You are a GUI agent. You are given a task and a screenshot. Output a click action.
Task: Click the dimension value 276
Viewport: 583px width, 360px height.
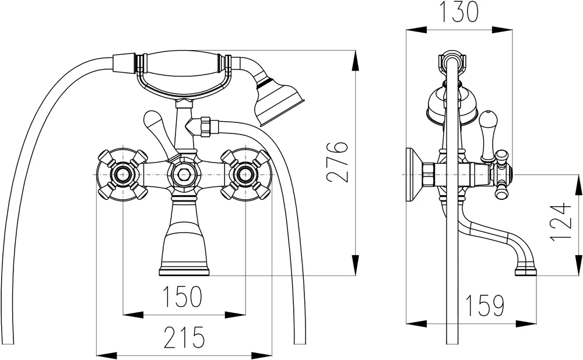coord(338,161)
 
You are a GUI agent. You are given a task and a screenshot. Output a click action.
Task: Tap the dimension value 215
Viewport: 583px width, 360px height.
coord(184,337)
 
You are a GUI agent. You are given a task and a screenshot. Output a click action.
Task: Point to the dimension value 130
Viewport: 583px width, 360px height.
coord(459,12)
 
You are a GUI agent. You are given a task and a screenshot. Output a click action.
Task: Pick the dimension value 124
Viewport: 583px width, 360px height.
coord(561,222)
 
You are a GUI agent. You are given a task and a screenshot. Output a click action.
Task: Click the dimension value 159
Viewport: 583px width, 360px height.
coord(484,305)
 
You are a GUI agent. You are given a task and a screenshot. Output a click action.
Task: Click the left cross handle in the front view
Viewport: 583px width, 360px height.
coord(122,174)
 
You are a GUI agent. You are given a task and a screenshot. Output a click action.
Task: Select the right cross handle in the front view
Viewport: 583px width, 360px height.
coord(245,174)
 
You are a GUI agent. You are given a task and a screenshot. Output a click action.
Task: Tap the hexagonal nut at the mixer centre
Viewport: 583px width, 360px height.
coord(184,174)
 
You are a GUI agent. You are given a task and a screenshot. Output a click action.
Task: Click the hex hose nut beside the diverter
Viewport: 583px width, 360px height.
coord(206,127)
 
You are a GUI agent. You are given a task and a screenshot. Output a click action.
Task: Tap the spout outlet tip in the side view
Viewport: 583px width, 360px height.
coord(526,272)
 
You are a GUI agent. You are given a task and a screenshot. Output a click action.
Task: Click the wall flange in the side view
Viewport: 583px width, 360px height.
coord(414,175)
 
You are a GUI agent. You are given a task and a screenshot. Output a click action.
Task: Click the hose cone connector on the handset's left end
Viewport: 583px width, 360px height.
coord(124,63)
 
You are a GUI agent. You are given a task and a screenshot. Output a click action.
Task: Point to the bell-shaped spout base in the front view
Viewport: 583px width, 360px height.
coord(184,238)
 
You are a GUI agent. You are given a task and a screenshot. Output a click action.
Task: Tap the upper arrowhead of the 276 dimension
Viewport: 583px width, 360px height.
coord(356,60)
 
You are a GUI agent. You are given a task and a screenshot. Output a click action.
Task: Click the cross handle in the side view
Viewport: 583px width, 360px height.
coord(502,174)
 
